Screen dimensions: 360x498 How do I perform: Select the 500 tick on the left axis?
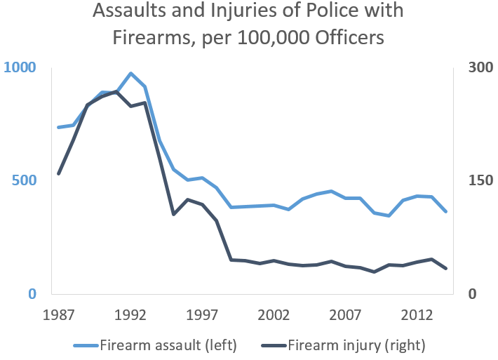tap(23, 180)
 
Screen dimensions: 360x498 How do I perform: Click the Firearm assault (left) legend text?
tap(168, 345)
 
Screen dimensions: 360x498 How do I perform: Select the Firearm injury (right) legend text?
tap(356, 345)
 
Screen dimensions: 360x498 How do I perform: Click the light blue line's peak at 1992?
tap(130, 73)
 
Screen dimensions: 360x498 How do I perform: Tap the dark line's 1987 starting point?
tap(59, 173)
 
